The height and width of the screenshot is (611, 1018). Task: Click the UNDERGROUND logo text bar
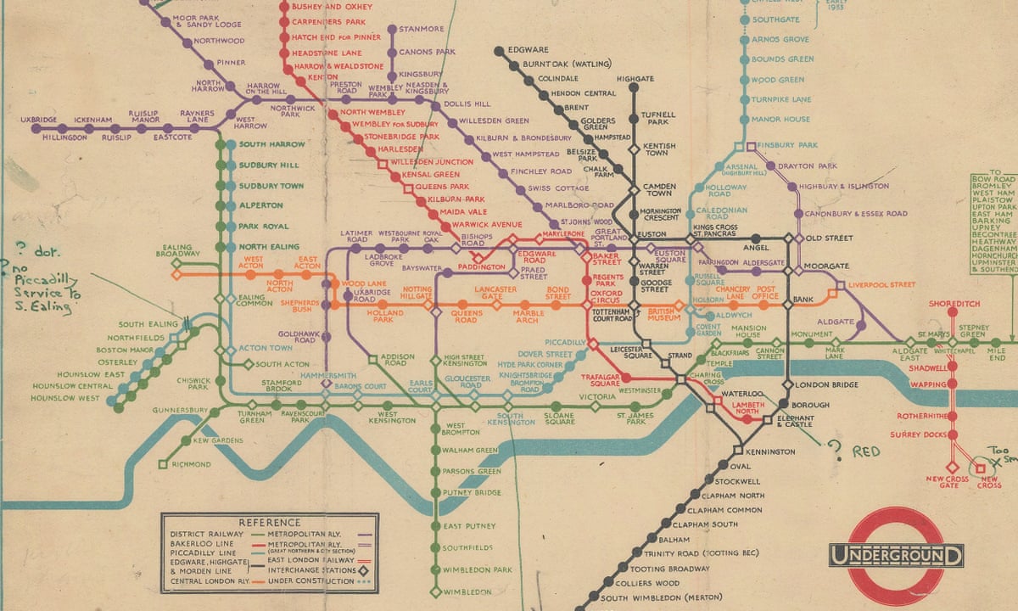click(x=897, y=557)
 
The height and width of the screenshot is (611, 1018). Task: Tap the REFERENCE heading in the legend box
click(x=269, y=522)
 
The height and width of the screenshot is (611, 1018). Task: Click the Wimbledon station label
click(x=467, y=591)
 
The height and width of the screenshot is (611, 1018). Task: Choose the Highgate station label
click(x=635, y=78)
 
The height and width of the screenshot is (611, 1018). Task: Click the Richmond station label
click(x=191, y=464)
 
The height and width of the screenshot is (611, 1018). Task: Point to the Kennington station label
click(x=771, y=451)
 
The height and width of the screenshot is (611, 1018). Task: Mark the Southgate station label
click(x=775, y=20)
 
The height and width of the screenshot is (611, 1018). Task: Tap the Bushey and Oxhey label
click(x=320, y=7)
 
